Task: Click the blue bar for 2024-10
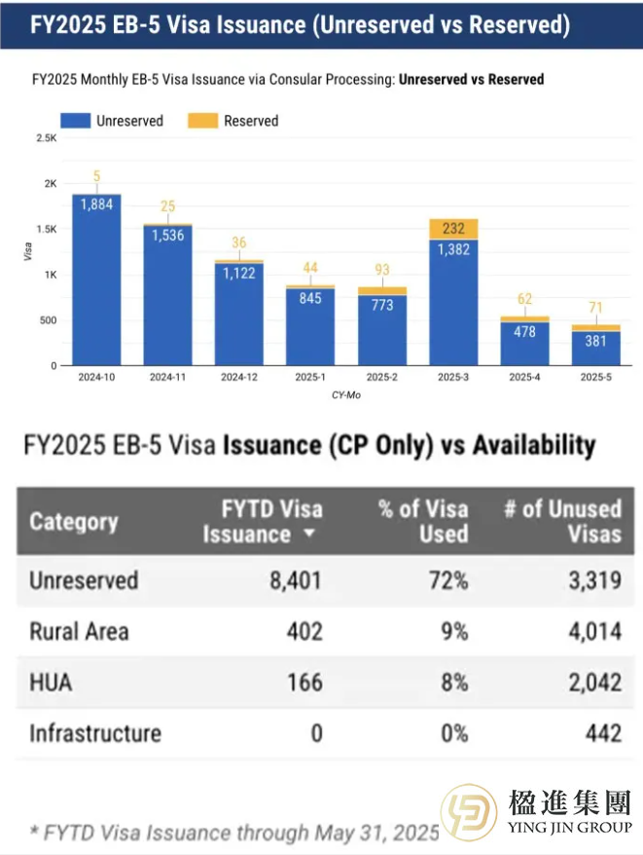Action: (96, 282)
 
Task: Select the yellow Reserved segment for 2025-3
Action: (453, 230)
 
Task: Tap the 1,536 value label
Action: (167, 235)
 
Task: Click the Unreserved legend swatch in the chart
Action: (75, 121)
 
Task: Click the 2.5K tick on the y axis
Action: (47, 139)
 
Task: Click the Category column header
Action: (74, 521)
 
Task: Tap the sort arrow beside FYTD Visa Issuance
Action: (309, 535)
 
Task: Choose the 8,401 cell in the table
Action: (297, 581)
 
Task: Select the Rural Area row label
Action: (79, 632)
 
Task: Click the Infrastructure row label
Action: (94, 733)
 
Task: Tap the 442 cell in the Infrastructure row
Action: (603, 733)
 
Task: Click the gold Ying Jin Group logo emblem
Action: (469, 812)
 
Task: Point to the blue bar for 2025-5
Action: (596, 348)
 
